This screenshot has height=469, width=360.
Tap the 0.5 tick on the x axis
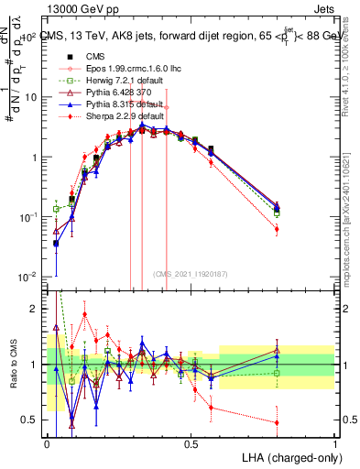191,443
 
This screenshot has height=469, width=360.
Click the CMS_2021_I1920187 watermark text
191,273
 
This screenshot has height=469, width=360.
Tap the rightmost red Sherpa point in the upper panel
277,229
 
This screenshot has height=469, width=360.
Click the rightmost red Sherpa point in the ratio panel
277,422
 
